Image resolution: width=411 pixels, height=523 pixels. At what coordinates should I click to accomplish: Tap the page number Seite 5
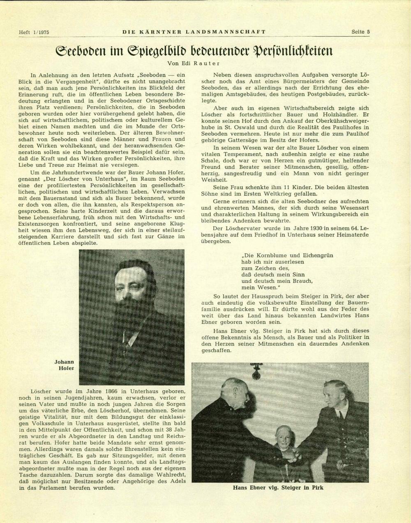360,32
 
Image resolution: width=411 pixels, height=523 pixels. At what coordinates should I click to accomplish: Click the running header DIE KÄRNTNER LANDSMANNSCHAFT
194,32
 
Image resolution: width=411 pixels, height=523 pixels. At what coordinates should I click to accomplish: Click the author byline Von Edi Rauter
194,63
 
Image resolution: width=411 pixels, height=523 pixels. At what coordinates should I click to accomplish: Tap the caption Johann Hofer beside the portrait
65,365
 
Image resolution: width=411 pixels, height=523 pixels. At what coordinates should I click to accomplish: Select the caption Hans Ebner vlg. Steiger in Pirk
278,488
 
